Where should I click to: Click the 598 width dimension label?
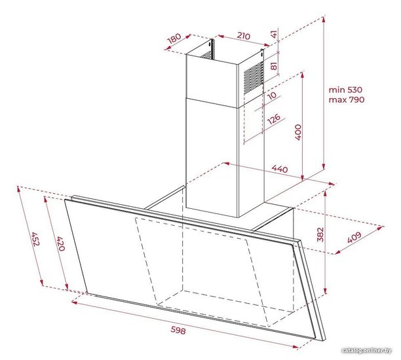[x=178, y=331]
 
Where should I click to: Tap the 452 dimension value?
[x=35, y=239]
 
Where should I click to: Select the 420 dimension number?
[x=61, y=243]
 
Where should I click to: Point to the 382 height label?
[x=320, y=234]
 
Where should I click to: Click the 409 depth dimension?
[x=354, y=238]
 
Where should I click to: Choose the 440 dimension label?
[x=280, y=169]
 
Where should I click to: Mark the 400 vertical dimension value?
[x=298, y=132]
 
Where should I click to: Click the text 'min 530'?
[x=345, y=90]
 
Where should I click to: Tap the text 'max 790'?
[x=346, y=99]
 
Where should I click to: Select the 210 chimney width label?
[x=244, y=36]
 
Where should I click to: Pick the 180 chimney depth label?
[x=174, y=39]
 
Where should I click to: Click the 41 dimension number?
[x=274, y=34]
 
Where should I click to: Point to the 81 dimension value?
[x=274, y=65]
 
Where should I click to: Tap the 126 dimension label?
[x=274, y=119]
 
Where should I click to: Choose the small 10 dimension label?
[x=272, y=96]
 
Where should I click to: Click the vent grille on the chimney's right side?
[x=254, y=76]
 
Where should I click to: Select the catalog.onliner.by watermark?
[x=367, y=350]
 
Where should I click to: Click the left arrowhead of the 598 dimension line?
[x=74, y=302]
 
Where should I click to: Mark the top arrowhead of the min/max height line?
[x=324, y=18]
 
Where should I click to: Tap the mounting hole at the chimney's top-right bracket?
[x=261, y=54]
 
